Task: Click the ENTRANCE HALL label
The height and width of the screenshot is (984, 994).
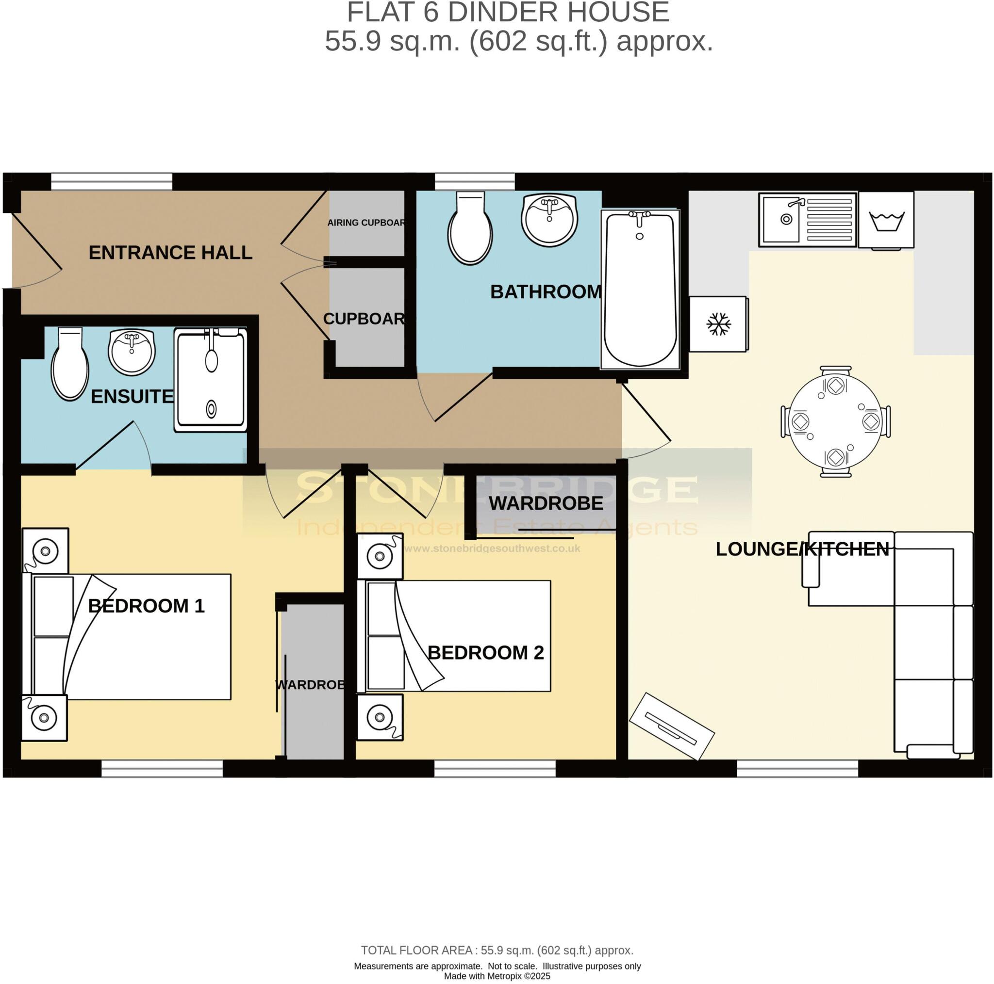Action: pyautogui.click(x=170, y=253)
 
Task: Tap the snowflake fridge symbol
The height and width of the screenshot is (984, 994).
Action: pyautogui.click(x=718, y=324)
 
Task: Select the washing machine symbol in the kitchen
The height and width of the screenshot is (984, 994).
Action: pyautogui.click(x=886, y=221)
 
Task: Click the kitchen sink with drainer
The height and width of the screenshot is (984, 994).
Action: pyautogui.click(x=807, y=220)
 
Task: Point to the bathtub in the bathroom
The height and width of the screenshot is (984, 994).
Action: pyautogui.click(x=640, y=290)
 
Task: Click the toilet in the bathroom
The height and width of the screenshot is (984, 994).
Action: pyautogui.click(x=470, y=230)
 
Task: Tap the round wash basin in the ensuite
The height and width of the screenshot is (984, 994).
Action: pyautogui.click(x=132, y=352)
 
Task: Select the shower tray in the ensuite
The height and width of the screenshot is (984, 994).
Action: pyautogui.click(x=211, y=380)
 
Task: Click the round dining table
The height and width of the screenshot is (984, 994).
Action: pyautogui.click(x=836, y=421)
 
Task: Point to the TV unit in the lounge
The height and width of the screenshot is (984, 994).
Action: pyautogui.click(x=671, y=726)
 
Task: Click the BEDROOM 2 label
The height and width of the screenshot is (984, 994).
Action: pyautogui.click(x=485, y=653)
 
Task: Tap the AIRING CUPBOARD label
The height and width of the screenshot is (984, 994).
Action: pyautogui.click(x=366, y=223)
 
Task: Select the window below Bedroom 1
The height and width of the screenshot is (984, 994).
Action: pyautogui.click(x=162, y=769)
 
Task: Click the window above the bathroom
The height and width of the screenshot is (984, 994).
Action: pyautogui.click(x=474, y=181)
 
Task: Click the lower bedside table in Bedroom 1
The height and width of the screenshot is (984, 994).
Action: pyautogui.click(x=44, y=718)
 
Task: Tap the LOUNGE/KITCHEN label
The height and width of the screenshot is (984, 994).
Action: pyautogui.click(x=802, y=549)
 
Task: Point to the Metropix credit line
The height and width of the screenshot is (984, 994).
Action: pyautogui.click(x=497, y=976)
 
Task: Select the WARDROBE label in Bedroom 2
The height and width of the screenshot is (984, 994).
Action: pyautogui.click(x=546, y=503)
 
